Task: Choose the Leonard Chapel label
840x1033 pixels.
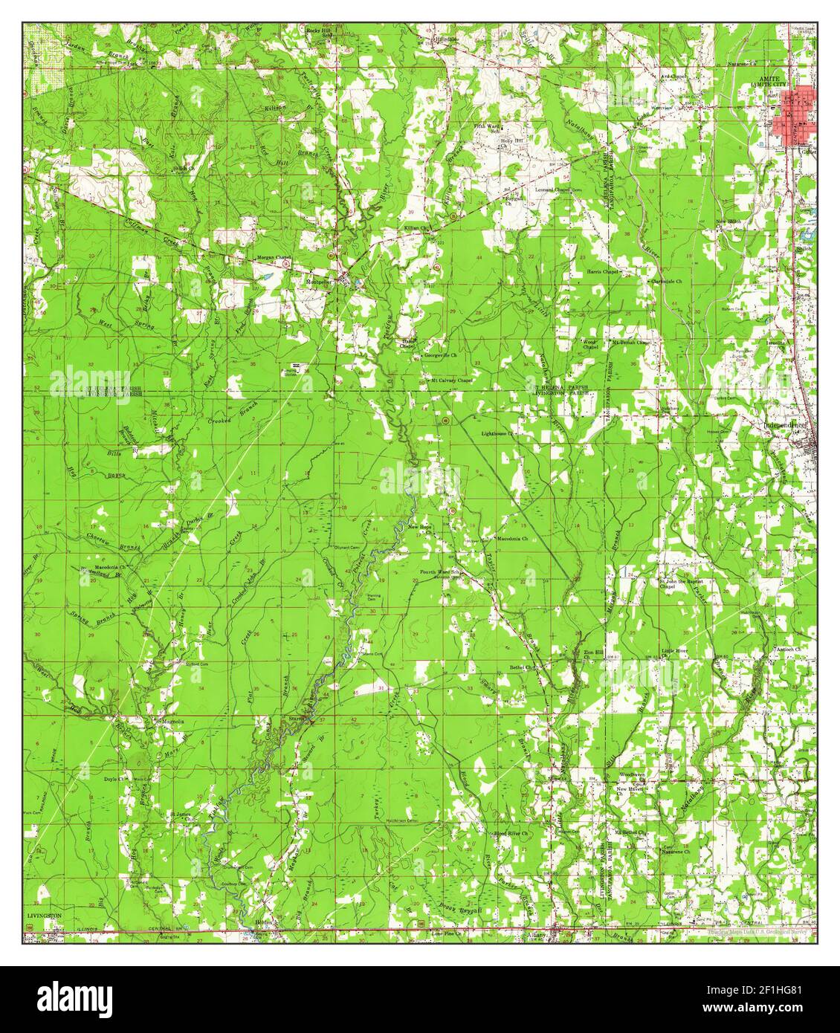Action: [558, 190]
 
